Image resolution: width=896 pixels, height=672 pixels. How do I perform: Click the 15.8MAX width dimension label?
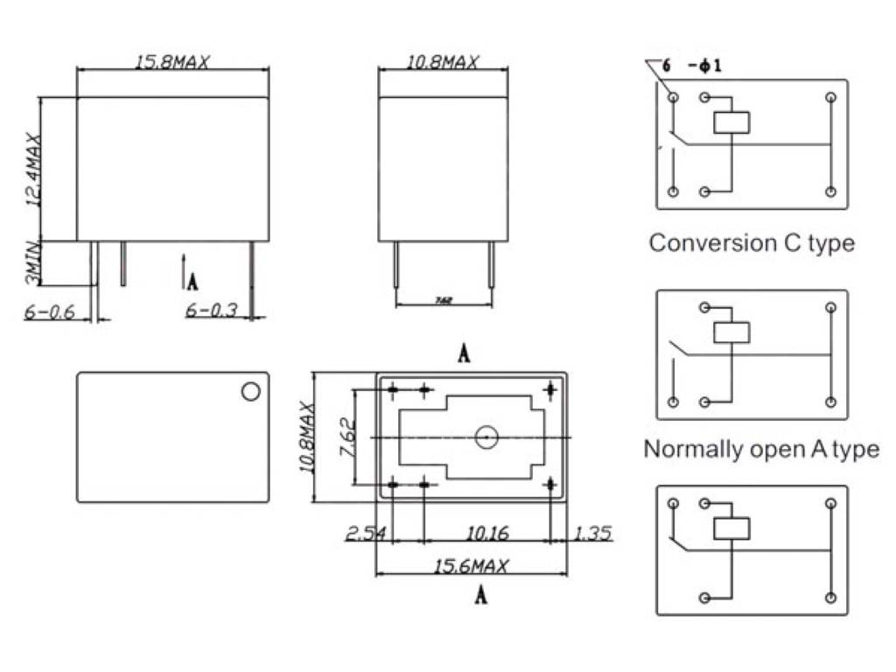click(x=172, y=62)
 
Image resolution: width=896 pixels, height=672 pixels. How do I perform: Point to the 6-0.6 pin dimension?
click(x=52, y=311)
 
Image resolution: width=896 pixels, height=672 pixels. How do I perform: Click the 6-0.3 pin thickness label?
click(x=211, y=311)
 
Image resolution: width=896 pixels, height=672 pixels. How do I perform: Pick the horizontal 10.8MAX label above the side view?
click(x=442, y=62)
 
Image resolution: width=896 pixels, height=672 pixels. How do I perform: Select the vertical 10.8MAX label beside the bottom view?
click(x=306, y=437)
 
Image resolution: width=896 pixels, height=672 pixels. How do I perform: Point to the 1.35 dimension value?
click(x=593, y=533)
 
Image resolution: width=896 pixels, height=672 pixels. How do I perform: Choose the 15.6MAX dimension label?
click(x=471, y=567)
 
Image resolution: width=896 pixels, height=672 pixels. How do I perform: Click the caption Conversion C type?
click(x=752, y=242)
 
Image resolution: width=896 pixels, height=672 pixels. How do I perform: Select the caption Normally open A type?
click(x=760, y=449)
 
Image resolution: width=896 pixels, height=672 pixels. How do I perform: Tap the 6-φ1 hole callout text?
click(x=691, y=66)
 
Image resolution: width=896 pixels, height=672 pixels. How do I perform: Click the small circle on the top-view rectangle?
click(x=251, y=391)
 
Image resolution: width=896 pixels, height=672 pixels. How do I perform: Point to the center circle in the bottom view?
click(x=486, y=437)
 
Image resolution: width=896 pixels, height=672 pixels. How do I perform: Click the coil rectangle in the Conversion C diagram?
click(x=731, y=122)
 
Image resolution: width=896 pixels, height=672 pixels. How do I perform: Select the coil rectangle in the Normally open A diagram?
click(x=731, y=332)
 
